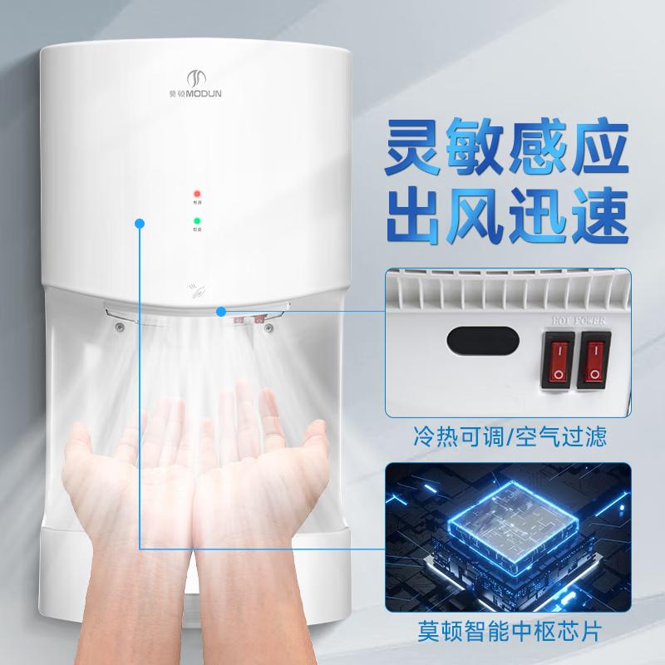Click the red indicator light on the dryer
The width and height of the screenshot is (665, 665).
click(198, 192)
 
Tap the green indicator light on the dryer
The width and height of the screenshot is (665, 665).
click(198, 220)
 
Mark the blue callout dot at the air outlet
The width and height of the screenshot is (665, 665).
click(221, 312)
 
